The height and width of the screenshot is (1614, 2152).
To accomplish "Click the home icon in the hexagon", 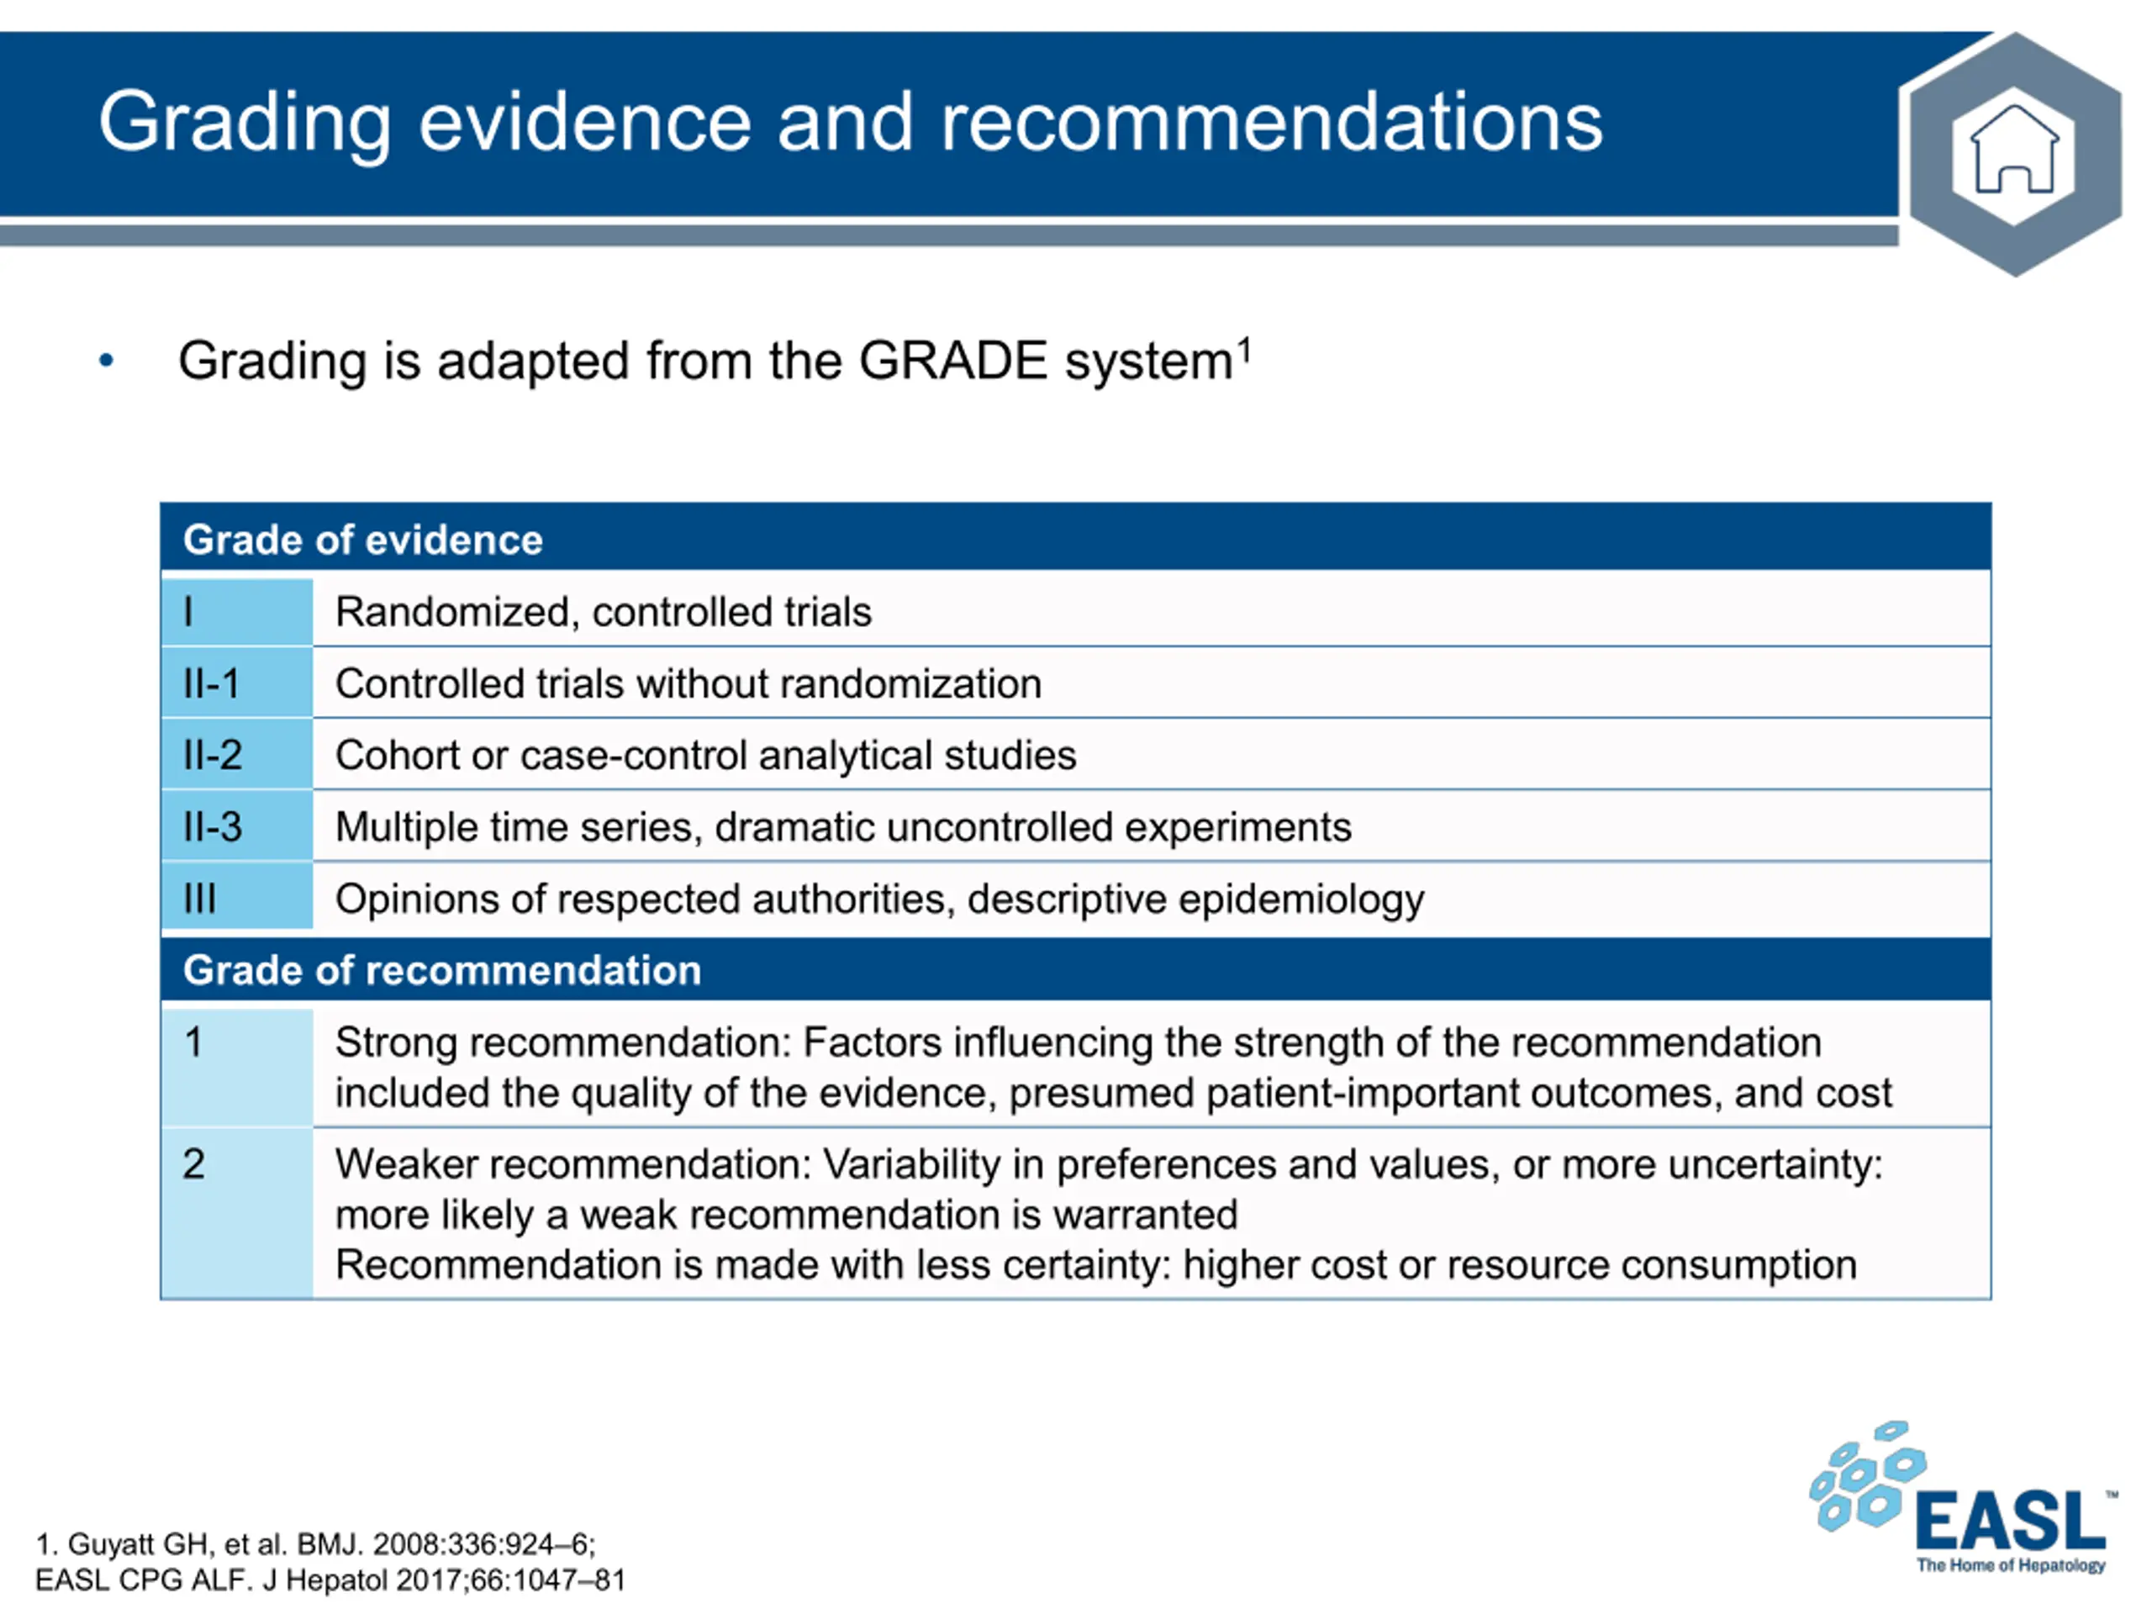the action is [x=2013, y=150].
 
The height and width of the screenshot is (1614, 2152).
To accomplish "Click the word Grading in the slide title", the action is [x=245, y=124].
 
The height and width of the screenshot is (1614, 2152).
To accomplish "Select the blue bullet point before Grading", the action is [x=106, y=361].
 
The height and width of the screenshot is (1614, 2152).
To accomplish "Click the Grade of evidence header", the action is [x=363, y=540].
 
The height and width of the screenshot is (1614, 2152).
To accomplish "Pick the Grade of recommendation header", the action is [x=441, y=970].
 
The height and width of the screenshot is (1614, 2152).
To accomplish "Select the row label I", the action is [x=187, y=612].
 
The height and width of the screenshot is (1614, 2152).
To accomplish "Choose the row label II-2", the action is [x=212, y=755].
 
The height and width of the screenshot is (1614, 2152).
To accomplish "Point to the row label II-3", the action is [x=212, y=827].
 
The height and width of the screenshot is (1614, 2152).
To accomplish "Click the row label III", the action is [x=199, y=899].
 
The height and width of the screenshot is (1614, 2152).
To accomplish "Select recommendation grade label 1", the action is [x=193, y=1042].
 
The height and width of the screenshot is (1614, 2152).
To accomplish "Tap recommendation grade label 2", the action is [x=193, y=1164].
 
